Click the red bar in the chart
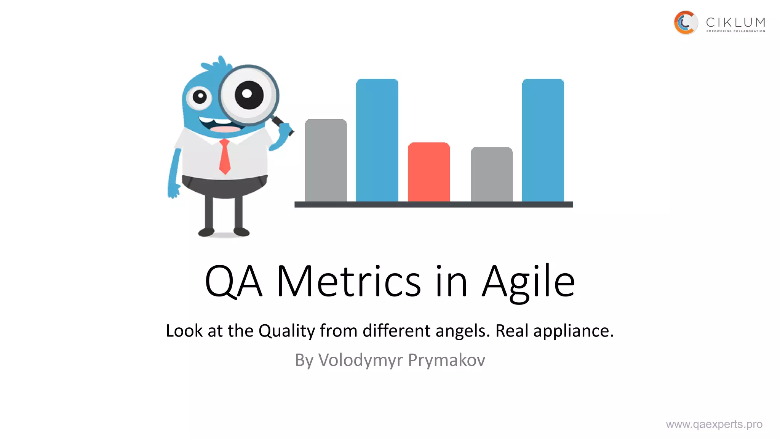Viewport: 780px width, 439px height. coord(429,172)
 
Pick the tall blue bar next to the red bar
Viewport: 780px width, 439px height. coord(377,140)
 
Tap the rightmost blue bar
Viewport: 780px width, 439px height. coord(543,140)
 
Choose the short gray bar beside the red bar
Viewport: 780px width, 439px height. coord(491,175)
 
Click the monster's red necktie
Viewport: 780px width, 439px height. coord(225,157)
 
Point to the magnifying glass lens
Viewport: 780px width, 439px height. coord(248,95)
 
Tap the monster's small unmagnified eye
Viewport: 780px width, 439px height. coord(199,97)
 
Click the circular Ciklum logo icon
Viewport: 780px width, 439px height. coord(686,23)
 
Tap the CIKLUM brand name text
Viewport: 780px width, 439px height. coord(735,22)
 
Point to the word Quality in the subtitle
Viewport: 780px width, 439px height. coord(286,331)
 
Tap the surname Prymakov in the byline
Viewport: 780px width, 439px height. coord(446,360)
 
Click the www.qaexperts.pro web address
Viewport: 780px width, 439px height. coord(714,424)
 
